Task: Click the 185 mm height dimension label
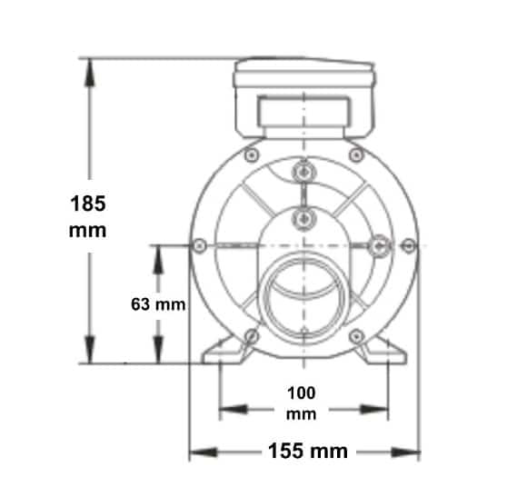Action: click(x=88, y=216)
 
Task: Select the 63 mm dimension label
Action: click(x=158, y=304)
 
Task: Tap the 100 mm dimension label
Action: click(x=302, y=403)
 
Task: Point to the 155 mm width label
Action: click(x=308, y=451)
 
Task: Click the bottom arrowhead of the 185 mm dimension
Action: click(x=89, y=350)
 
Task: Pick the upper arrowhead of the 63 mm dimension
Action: click(x=158, y=260)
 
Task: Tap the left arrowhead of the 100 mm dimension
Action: click(x=234, y=410)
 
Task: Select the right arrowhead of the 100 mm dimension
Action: click(x=375, y=410)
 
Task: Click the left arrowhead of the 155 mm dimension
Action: click(x=204, y=452)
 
